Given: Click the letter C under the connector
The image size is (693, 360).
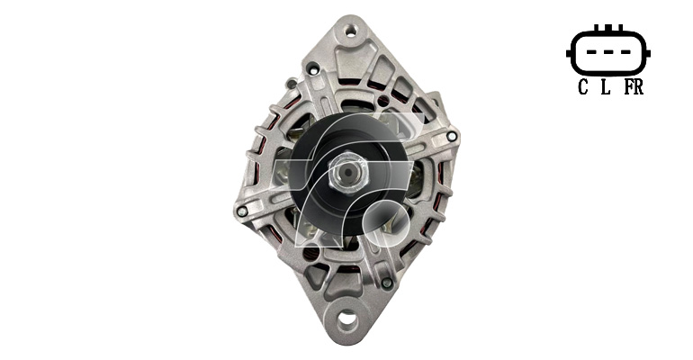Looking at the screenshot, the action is [583, 86].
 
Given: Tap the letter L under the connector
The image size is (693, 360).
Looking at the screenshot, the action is [606, 86].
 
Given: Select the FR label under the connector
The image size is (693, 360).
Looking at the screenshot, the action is [634, 86].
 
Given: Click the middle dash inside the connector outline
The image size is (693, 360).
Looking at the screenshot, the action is [608, 51].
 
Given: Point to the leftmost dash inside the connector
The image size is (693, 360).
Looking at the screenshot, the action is [592, 51].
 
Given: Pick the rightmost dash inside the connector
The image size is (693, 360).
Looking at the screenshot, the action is [625, 51].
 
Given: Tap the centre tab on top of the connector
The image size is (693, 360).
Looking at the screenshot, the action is [608, 28].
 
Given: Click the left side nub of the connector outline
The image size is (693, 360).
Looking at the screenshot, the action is [569, 53].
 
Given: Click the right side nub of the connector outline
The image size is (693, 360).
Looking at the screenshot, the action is [647, 53].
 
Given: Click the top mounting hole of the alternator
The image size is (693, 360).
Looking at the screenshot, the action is [351, 31].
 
